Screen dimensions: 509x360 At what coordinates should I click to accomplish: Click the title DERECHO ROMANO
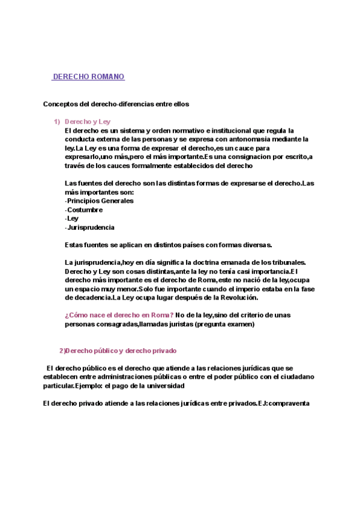[88, 77]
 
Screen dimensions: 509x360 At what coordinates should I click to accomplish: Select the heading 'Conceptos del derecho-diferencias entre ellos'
[116, 104]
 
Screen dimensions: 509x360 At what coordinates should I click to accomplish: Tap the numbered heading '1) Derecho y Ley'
[87, 121]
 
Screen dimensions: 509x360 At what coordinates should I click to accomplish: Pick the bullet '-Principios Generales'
[98, 201]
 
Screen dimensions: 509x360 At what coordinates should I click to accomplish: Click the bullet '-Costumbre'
[83, 210]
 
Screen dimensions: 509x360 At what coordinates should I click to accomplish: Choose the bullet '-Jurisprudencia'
[89, 227]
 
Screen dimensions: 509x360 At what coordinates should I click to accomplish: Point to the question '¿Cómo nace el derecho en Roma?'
[119, 315]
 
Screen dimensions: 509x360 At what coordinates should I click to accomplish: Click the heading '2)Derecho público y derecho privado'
[118, 351]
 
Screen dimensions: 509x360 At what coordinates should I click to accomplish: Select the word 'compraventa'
[288, 403]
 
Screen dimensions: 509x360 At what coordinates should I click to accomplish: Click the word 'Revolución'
[236, 298]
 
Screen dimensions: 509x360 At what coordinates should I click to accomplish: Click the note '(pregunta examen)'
[225, 324]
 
